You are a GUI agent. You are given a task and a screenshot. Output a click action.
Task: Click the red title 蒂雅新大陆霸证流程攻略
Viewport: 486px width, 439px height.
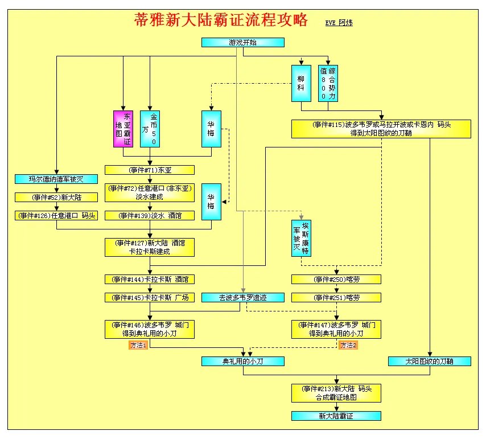[x=221, y=20]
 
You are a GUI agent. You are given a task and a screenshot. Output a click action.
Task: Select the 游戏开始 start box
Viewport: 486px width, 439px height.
[x=243, y=43]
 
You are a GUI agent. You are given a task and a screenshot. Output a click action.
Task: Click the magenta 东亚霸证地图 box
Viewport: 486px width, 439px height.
[x=123, y=128]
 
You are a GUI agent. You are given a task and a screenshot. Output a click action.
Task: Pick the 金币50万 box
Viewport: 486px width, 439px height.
[x=150, y=128]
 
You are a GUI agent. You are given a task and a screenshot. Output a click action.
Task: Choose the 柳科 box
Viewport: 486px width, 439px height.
[x=301, y=83]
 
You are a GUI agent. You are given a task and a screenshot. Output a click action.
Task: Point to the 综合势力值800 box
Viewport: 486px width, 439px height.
[x=328, y=83]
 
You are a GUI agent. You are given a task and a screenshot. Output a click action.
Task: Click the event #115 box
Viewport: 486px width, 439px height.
[x=381, y=129]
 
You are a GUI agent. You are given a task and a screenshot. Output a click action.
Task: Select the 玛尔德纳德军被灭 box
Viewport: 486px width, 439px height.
[x=56, y=179]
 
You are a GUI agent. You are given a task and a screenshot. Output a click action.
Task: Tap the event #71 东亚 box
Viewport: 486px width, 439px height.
[x=150, y=170]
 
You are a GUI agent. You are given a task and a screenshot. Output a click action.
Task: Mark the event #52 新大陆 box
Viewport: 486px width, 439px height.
[x=56, y=198]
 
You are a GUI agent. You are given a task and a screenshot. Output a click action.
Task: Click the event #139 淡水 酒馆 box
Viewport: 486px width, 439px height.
[x=150, y=215]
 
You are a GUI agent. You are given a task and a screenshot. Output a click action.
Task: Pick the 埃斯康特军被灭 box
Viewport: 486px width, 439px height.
[x=301, y=237]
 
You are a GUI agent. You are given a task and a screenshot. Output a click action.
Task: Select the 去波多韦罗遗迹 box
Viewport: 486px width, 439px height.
[x=243, y=297]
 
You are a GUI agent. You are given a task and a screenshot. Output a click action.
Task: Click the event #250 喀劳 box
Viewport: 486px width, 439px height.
[x=336, y=280]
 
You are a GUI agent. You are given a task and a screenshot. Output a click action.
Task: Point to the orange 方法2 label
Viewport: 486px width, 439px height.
[x=348, y=345]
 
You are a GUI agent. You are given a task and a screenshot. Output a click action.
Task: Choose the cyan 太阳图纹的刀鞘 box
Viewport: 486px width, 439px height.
[x=430, y=361]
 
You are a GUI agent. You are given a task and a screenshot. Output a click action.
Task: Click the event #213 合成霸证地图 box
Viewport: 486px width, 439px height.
[x=336, y=393]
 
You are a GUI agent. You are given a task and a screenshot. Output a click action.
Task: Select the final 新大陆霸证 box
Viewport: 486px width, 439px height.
[x=336, y=416]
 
